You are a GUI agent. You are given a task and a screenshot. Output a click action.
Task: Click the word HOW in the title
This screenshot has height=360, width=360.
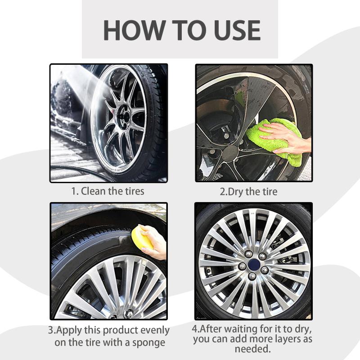click(133, 31)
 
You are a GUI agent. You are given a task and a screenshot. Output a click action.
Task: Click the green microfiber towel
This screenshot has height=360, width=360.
click(275, 140)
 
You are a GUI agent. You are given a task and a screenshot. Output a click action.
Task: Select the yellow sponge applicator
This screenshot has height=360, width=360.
click(142, 238)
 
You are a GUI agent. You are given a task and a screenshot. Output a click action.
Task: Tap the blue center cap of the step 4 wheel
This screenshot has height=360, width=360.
click(254, 265)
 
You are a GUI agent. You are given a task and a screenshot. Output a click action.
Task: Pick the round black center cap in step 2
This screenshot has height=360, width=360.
click(230, 153)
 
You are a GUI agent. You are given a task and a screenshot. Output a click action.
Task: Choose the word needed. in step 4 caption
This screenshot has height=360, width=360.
click(253, 349)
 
